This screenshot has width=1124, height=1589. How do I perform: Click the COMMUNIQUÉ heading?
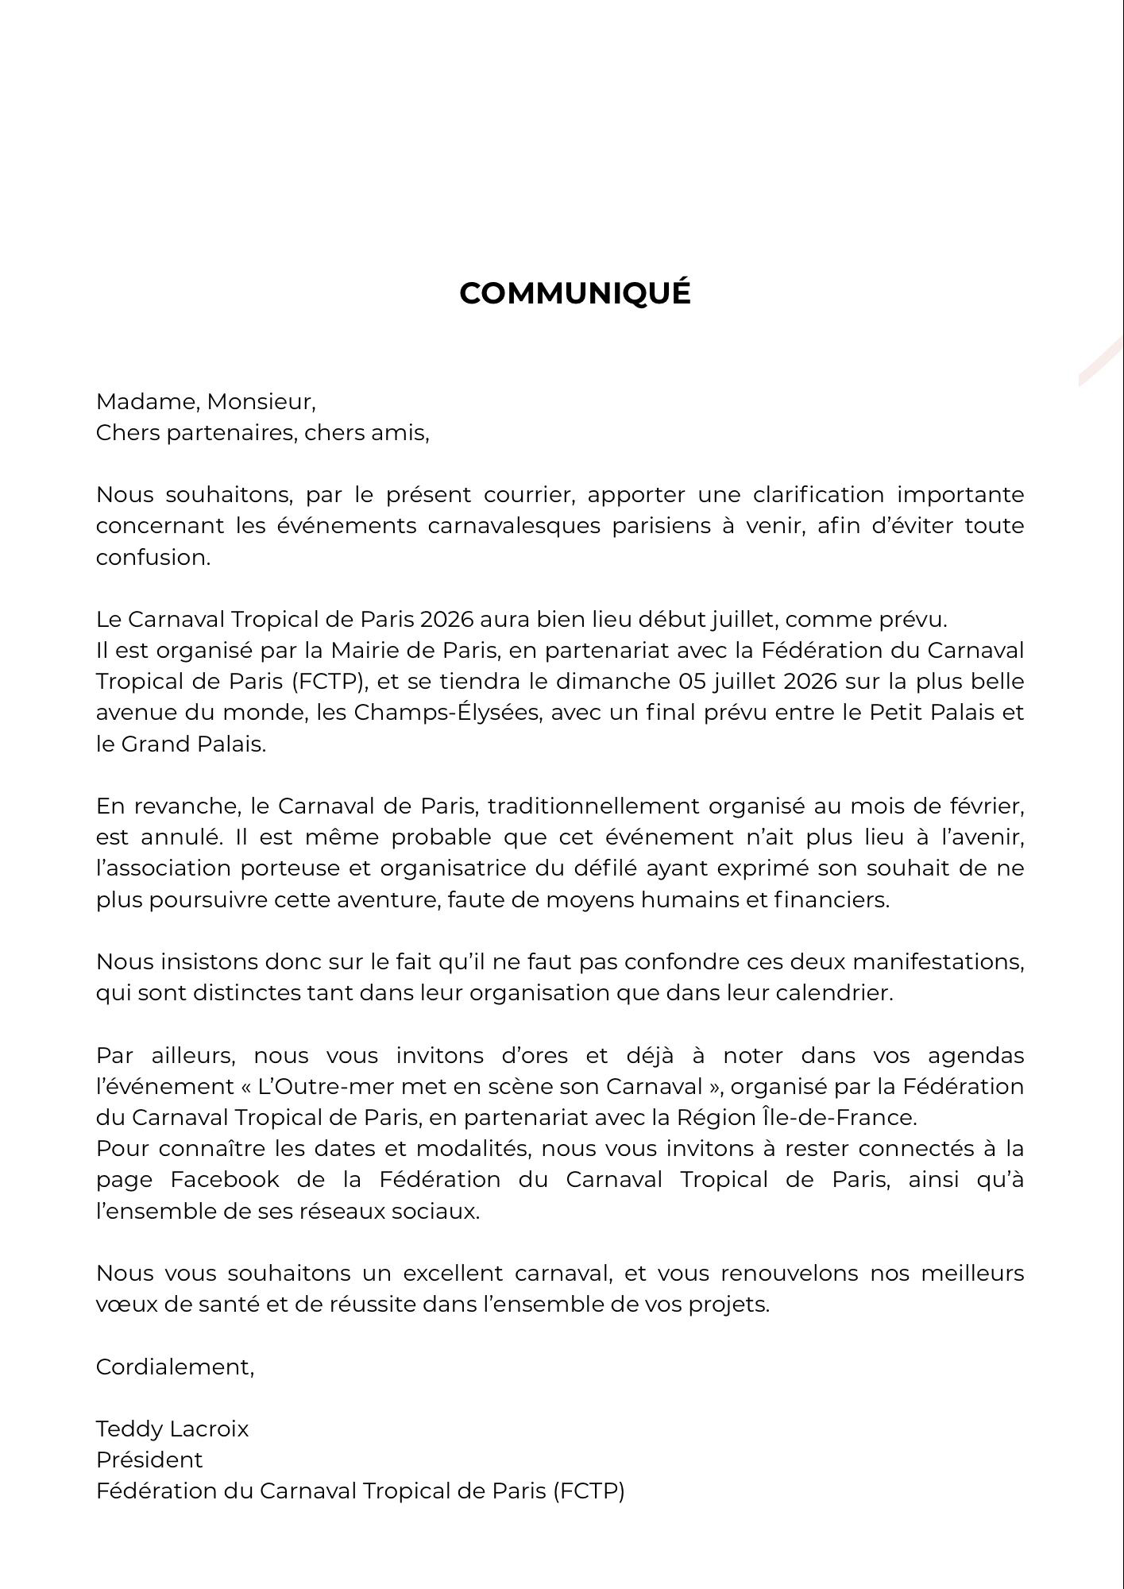pos(574,293)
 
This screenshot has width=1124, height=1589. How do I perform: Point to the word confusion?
pos(152,558)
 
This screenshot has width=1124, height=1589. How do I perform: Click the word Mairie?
pos(368,651)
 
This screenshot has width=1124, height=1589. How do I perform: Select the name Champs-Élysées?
pos(447,713)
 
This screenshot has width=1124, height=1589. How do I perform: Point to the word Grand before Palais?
pos(156,744)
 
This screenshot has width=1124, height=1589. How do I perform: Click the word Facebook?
pos(225,1180)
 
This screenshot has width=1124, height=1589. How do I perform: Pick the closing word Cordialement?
pos(174,1367)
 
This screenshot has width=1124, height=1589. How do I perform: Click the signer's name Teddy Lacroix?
pos(172,1429)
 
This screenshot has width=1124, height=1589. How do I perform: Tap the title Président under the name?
pos(149,1460)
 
